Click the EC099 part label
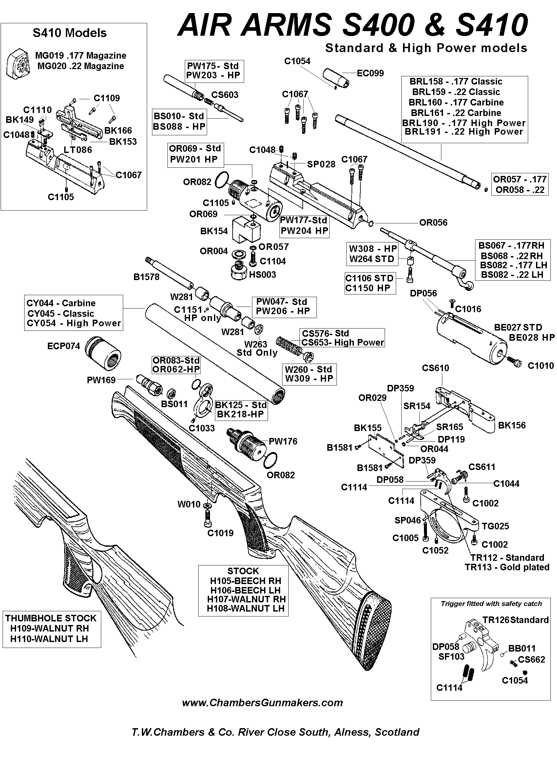coord(370,73)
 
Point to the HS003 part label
coord(262,275)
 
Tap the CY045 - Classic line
coord(60,313)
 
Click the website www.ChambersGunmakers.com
coord(262,703)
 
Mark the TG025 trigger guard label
coord(495,526)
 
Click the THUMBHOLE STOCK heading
coord(50,618)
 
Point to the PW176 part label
coord(283,441)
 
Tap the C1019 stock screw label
coord(220,533)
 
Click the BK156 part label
coord(511,426)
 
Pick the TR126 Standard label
coord(515,620)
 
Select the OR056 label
coord(433,222)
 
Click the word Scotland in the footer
coord(397,732)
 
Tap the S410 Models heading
coord(69,33)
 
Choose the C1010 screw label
coord(541,366)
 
